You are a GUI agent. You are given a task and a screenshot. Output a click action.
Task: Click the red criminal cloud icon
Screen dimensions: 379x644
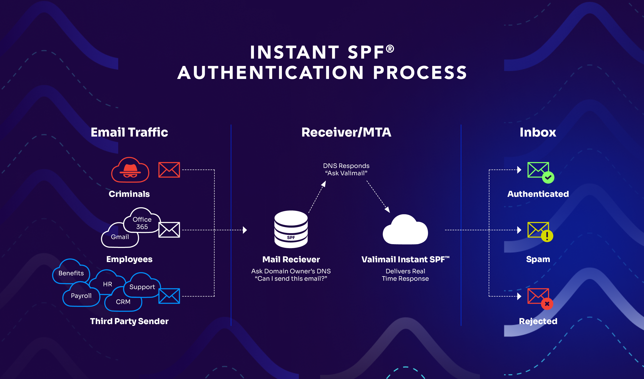tap(130, 170)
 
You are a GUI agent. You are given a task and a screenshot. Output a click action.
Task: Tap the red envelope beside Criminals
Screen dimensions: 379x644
tap(169, 170)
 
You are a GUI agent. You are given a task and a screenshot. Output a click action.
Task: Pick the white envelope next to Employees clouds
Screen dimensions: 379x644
tap(169, 230)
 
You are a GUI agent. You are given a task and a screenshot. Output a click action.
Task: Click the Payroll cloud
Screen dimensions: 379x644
tap(81, 295)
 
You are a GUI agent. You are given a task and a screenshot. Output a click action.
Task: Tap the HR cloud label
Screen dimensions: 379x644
tap(108, 284)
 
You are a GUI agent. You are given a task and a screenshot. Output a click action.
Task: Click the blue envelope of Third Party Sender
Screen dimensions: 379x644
tap(169, 296)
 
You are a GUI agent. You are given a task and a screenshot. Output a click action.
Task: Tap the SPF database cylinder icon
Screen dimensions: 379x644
tap(291, 229)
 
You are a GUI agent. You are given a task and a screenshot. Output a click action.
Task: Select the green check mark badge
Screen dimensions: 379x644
tap(548, 177)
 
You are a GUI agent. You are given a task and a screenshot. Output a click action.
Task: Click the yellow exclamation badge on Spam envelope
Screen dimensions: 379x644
tap(547, 236)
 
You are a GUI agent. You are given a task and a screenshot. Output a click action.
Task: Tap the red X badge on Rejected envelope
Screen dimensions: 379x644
tap(547, 304)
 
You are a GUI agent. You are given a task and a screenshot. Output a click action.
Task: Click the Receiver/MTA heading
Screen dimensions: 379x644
tap(346, 132)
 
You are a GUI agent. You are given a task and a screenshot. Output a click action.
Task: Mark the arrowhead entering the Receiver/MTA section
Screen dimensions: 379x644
tap(245, 230)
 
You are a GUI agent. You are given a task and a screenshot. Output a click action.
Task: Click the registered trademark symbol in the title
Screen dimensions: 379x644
tap(390, 49)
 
